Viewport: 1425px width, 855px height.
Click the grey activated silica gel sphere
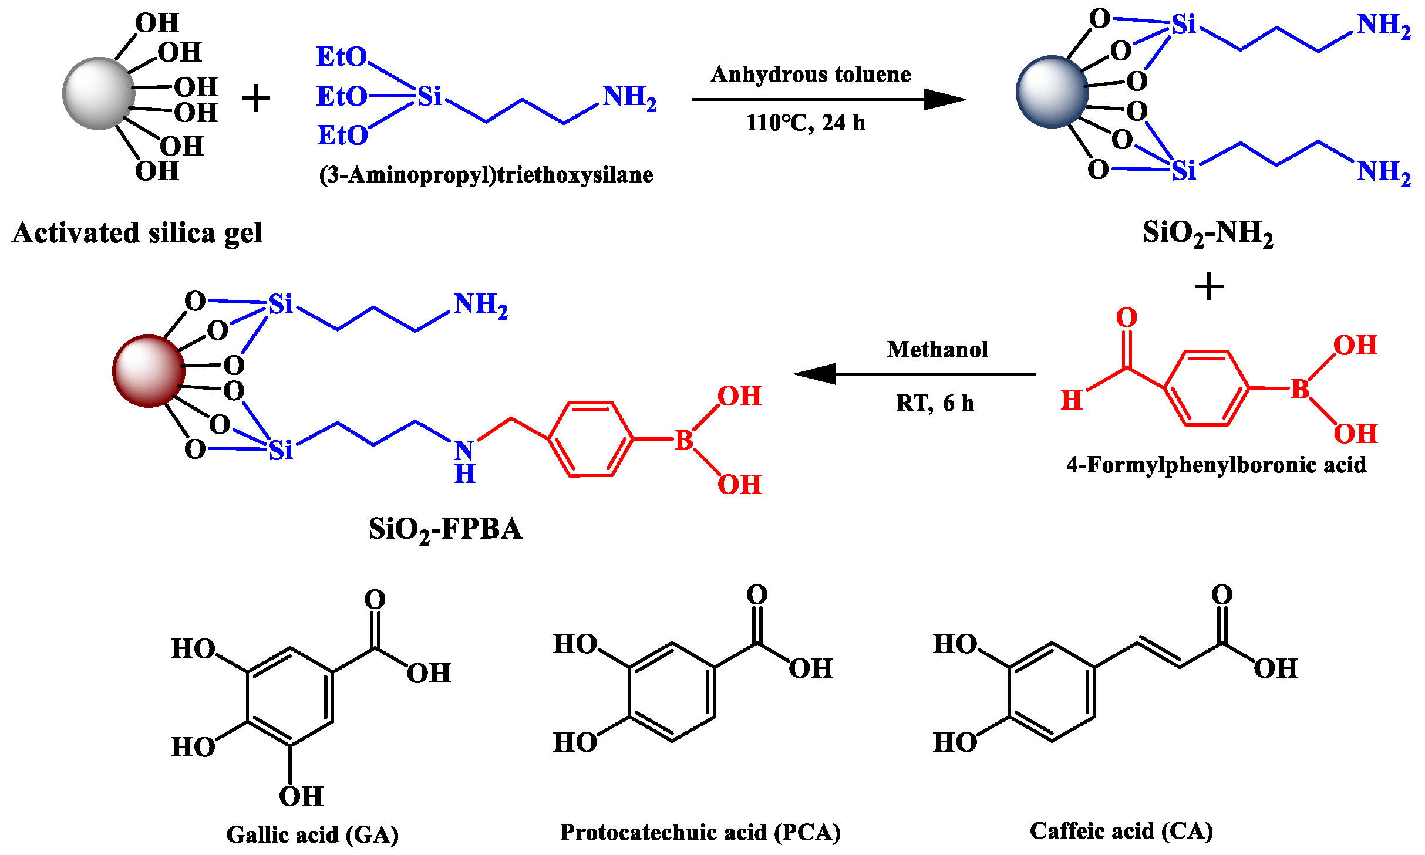[x=99, y=93]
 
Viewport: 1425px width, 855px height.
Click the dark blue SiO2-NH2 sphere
[x=1052, y=92]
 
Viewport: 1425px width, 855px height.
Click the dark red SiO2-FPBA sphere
[x=149, y=371]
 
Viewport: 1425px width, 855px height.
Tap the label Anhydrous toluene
[x=810, y=75]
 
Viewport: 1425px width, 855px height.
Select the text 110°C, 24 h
[x=805, y=123]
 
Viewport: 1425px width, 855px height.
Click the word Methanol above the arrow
[x=937, y=350]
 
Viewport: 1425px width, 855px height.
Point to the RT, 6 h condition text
[x=935, y=403]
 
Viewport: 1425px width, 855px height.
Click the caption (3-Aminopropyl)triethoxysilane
[x=486, y=175]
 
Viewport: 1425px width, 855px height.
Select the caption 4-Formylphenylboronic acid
[x=1216, y=465]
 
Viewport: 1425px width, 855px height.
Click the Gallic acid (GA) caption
[x=312, y=834]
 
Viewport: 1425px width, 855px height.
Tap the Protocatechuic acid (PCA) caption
[x=700, y=832]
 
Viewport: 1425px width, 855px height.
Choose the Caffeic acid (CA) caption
[x=1121, y=830]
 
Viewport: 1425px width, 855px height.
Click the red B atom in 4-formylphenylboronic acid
[x=1300, y=389]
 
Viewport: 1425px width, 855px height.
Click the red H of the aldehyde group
[x=1072, y=400]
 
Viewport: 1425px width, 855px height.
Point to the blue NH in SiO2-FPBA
[x=464, y=461]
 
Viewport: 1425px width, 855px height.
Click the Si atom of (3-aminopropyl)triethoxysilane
[x=429, y=96]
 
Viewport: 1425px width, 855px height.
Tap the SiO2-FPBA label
[x=445, y=529]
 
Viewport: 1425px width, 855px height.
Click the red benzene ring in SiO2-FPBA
[x=591, y=439]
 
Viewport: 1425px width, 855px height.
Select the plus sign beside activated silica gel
[x=256, y=98]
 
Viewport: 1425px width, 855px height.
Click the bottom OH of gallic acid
[x=301, y=796]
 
